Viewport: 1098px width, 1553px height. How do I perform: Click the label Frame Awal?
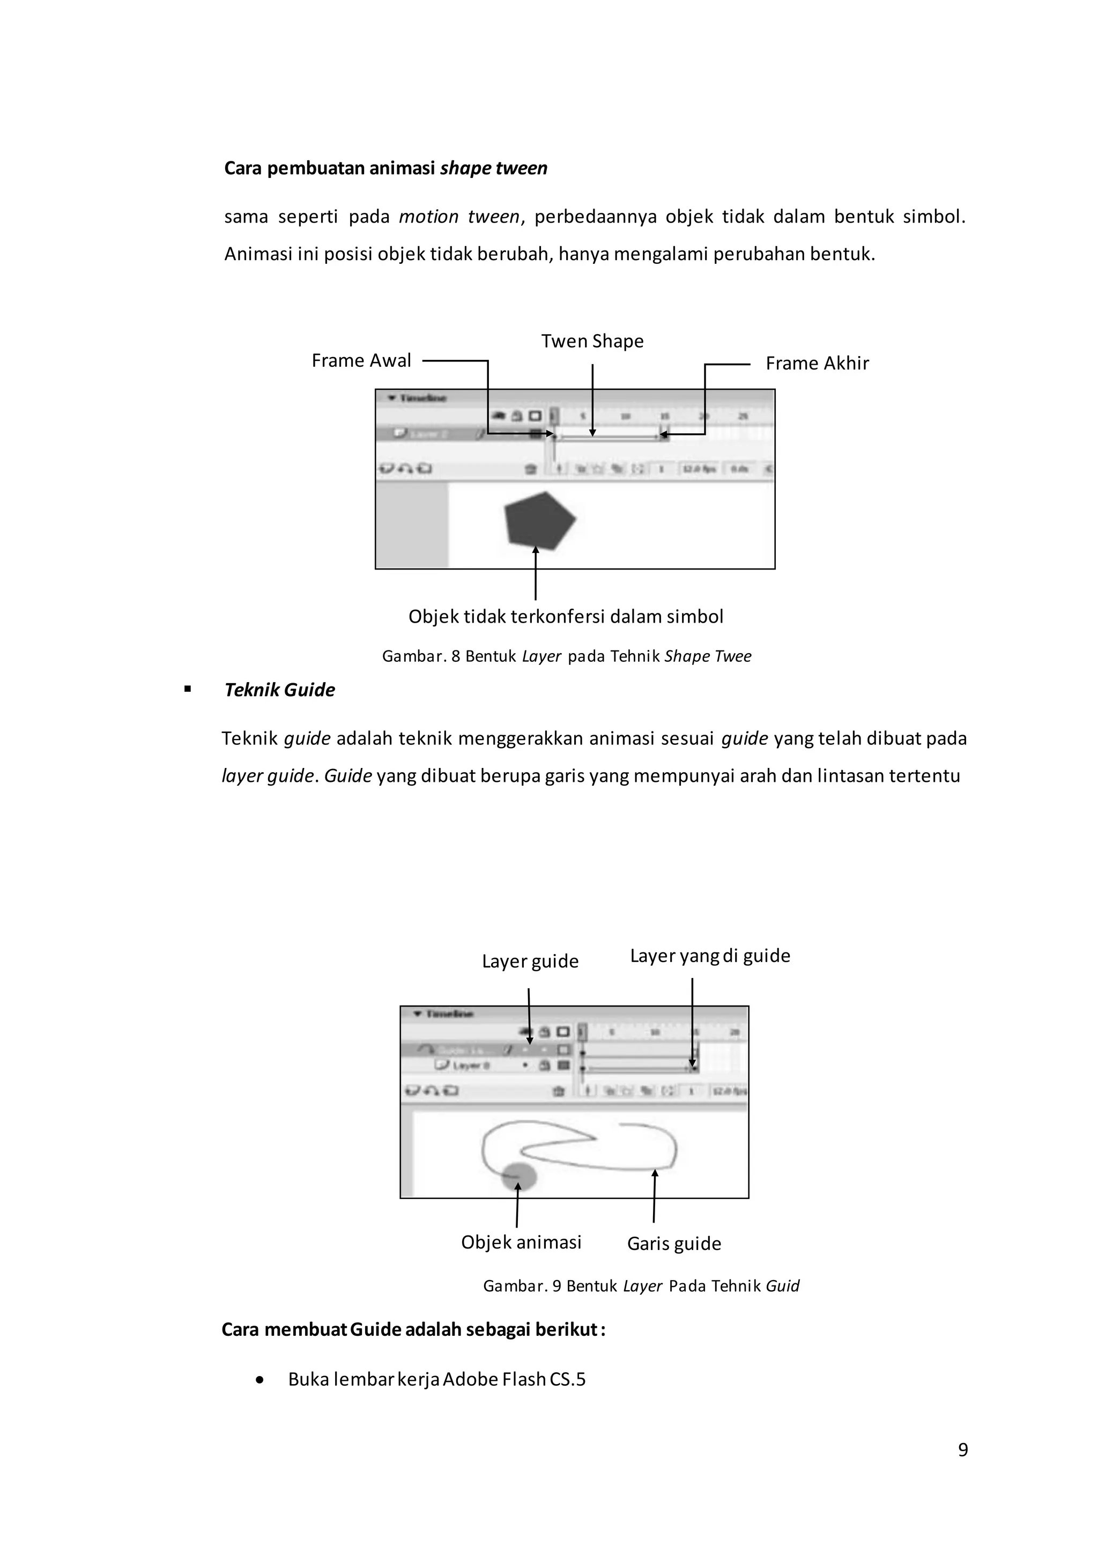pos(361,360)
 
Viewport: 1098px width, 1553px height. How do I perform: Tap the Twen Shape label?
pos(592,341)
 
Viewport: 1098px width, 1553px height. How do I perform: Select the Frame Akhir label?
pos(817,363)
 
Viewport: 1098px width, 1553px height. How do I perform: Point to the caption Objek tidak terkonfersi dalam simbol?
pos(566,616)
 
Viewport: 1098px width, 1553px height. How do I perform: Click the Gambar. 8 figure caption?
pos(567,656)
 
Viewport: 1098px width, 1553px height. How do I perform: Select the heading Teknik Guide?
pos(279,690)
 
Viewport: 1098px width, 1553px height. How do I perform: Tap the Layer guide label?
pos(530,961)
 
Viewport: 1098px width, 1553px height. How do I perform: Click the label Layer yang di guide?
pos(710,956)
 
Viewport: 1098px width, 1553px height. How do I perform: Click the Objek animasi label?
pos(521,1242)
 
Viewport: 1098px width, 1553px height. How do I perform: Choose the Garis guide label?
pos(674,1243)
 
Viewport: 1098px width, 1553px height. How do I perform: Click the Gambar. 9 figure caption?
pos(641,1286)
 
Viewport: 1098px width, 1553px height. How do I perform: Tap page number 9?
pos(963,1450)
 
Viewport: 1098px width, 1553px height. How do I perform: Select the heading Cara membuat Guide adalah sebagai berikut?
pos(413,1329)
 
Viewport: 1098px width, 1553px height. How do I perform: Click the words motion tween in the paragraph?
pos(459,217)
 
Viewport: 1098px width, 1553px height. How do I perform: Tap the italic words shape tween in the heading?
pos(494,168)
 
